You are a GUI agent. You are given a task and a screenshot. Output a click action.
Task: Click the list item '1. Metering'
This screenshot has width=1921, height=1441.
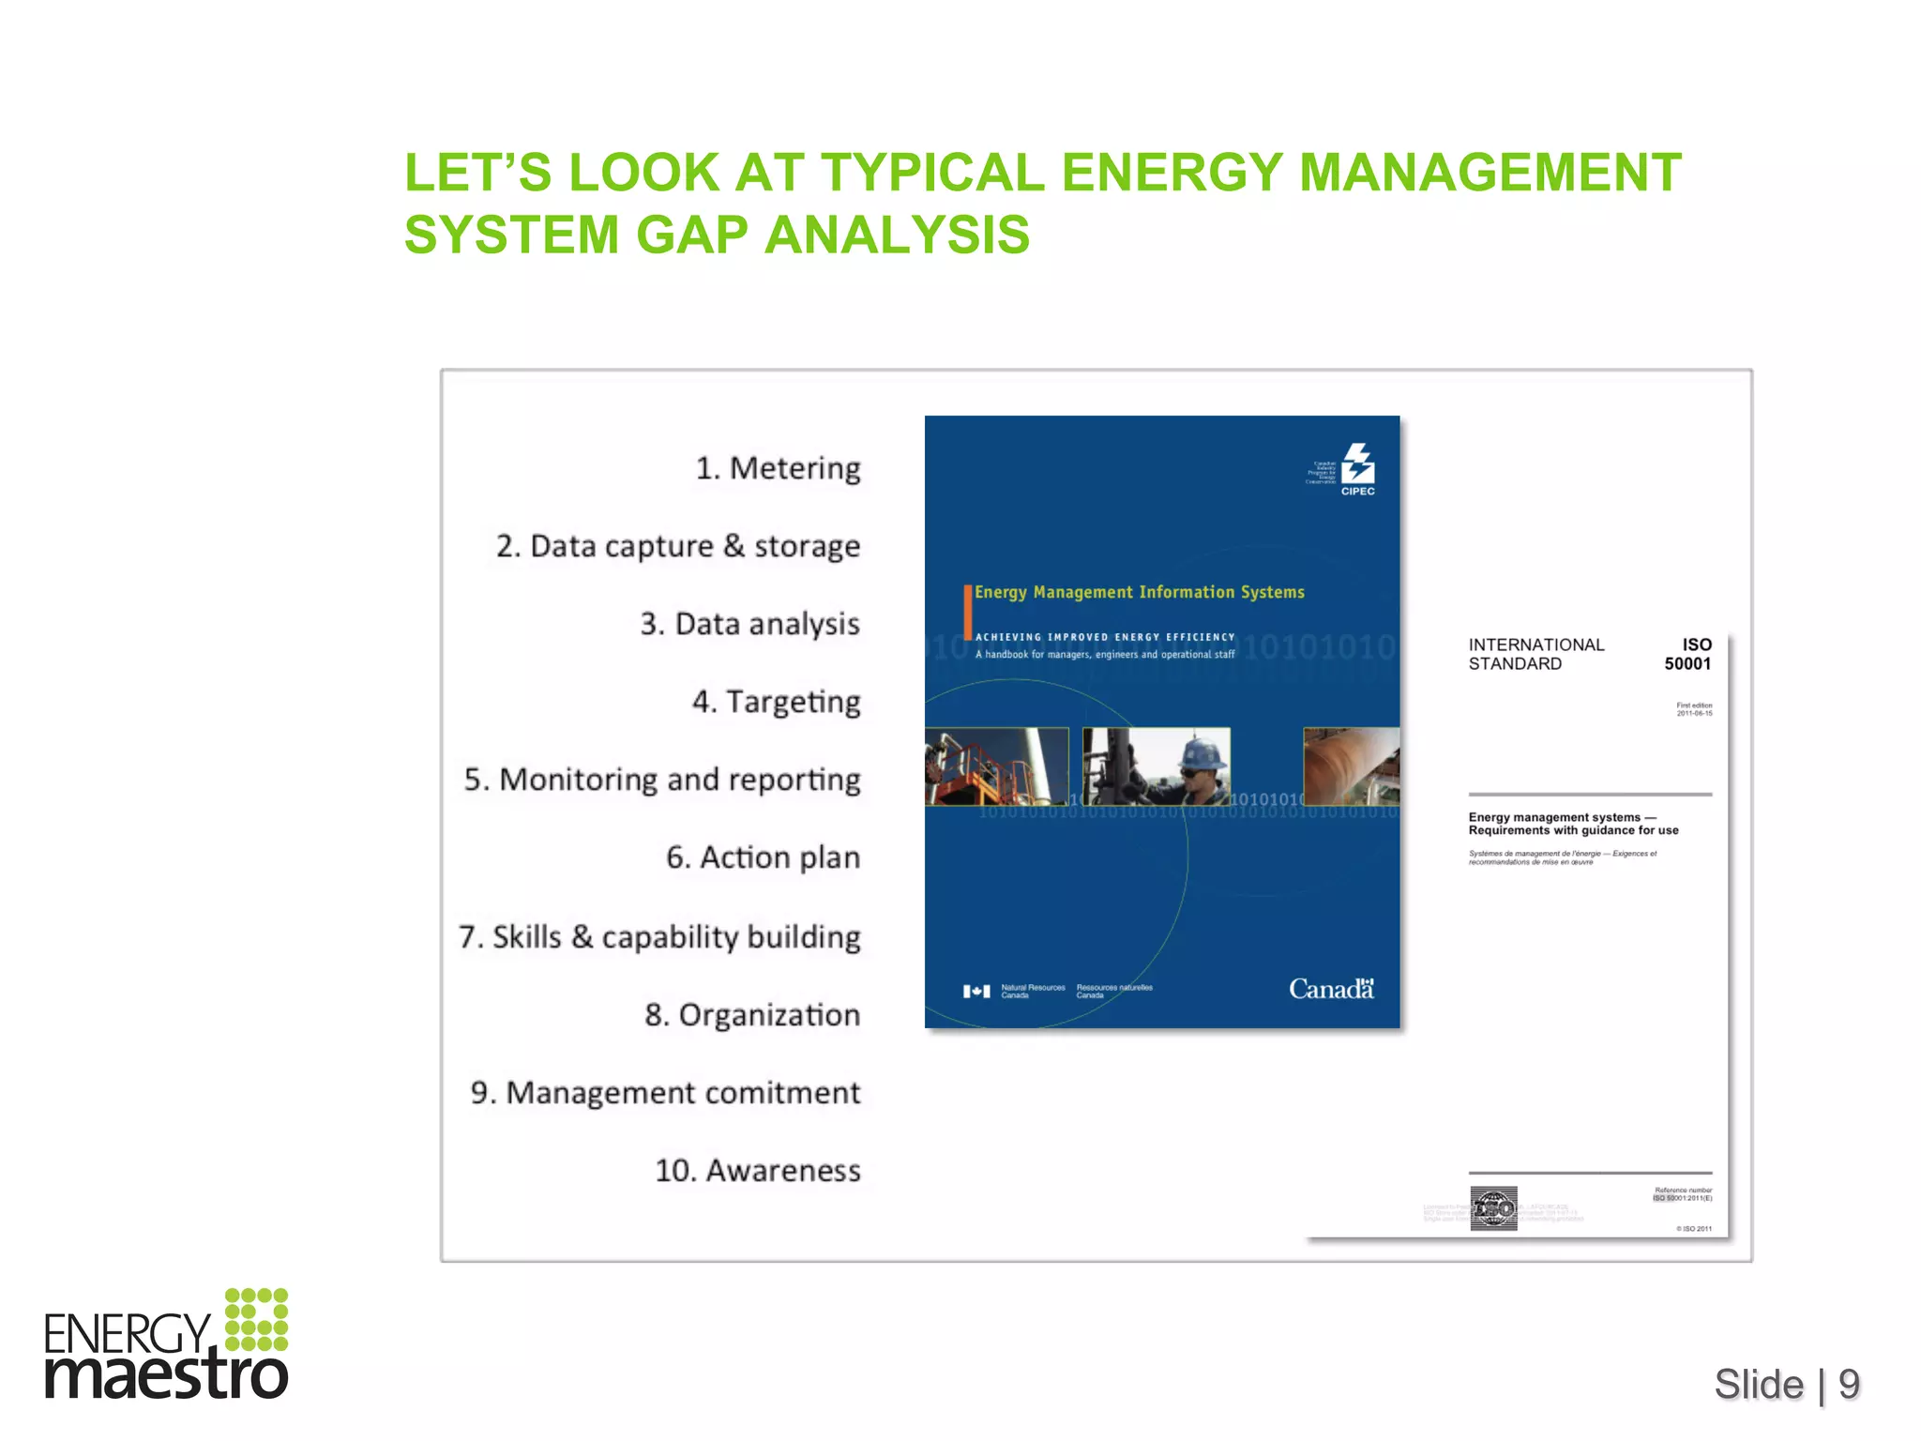(x=778, y=468)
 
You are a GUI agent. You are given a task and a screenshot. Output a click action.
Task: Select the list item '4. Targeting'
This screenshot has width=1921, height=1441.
(x=776, y=702)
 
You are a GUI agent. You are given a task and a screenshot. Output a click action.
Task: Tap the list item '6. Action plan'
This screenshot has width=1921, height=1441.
(x=763, y=857)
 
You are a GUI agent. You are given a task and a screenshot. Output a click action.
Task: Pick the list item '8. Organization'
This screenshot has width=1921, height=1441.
(x=752, y=1015)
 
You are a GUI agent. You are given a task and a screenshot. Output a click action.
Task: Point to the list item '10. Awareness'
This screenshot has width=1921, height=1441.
(x=757, y=1171)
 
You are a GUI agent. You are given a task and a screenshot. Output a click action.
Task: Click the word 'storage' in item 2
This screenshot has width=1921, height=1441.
(x=807, y=546)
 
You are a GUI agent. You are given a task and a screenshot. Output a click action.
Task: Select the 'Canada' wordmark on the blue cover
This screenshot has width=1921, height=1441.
(x=1331, y=989)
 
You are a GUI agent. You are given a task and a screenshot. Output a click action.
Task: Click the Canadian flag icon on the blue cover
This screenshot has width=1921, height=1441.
(x=976, y=992)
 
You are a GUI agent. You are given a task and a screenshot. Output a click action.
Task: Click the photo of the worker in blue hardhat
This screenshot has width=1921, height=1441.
(x=1157, y=766)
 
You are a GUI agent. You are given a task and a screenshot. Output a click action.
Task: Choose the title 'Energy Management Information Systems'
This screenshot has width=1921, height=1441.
(x=1139, y=592)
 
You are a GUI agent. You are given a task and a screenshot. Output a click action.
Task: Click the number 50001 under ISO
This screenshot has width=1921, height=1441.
(x=1687, y=664)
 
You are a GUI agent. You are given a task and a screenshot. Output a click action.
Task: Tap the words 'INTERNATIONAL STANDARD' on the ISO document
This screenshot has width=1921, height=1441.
(x=1535, y=654)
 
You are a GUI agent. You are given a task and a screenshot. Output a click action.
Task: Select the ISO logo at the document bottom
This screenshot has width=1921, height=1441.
(x=1493, y=1208)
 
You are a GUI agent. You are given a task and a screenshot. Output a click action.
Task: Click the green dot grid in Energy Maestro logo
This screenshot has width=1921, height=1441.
(x=257, y=1319)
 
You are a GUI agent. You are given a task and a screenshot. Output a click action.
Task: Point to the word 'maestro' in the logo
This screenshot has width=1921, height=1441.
(x=166, y=1375)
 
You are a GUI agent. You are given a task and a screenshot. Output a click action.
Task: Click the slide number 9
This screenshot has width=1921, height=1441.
(x=1849, y=1384)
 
